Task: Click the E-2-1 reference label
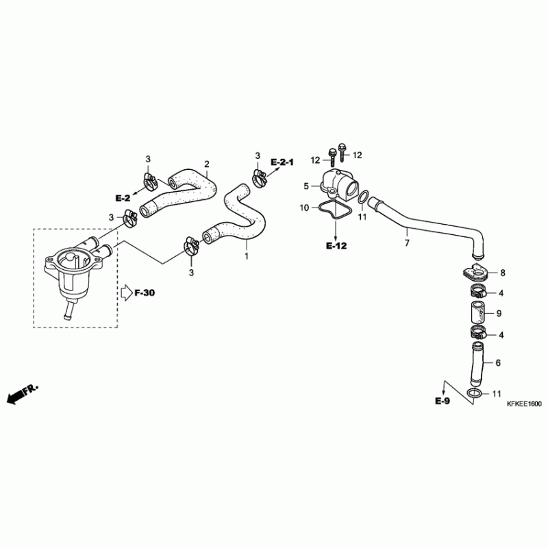pos(282,162)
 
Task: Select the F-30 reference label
pos(145,293)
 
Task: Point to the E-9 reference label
pos(443,401)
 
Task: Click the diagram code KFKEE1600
pos(525,404)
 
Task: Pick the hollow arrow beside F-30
pos(126,293)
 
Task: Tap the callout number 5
pos(306,186)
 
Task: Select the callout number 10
pos(303,207)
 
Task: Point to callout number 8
pos(502,273)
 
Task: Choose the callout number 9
pos(499,314)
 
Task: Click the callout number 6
pos(498,363)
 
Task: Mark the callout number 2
pos(206,164)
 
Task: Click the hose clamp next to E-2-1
pos(259,180)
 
